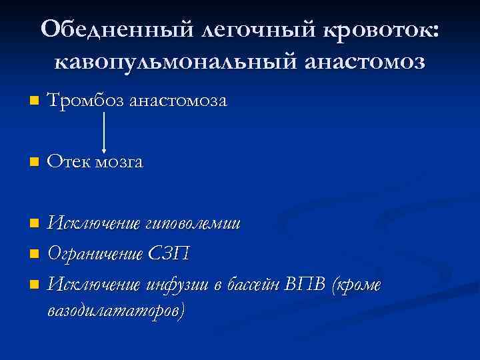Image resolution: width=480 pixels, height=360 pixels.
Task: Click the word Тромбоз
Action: click(86, 101)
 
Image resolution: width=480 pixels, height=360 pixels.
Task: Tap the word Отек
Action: click(71, 162)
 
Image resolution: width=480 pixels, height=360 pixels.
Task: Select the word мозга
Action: click(120, 162)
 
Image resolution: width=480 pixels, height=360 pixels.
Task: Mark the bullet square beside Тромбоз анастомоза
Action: click(34, 102)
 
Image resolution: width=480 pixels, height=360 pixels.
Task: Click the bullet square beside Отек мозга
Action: click(34, 163)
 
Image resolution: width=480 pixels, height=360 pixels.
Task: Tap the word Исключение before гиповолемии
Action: click(94, 222)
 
